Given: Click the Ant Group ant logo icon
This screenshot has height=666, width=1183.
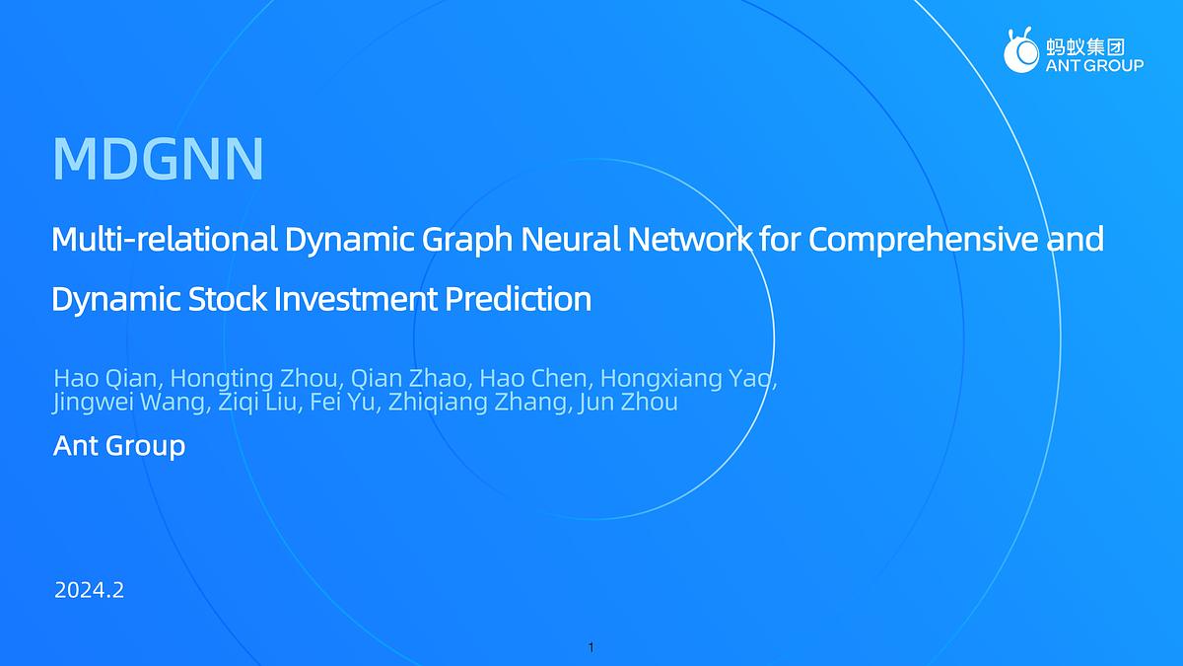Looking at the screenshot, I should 1020,50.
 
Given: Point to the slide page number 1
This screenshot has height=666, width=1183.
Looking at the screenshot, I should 591,648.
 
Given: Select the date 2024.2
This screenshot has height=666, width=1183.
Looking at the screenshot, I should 89,591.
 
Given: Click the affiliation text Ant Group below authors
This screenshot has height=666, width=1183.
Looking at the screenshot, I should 118,446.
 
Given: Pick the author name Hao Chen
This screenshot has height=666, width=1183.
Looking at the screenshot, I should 532,380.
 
